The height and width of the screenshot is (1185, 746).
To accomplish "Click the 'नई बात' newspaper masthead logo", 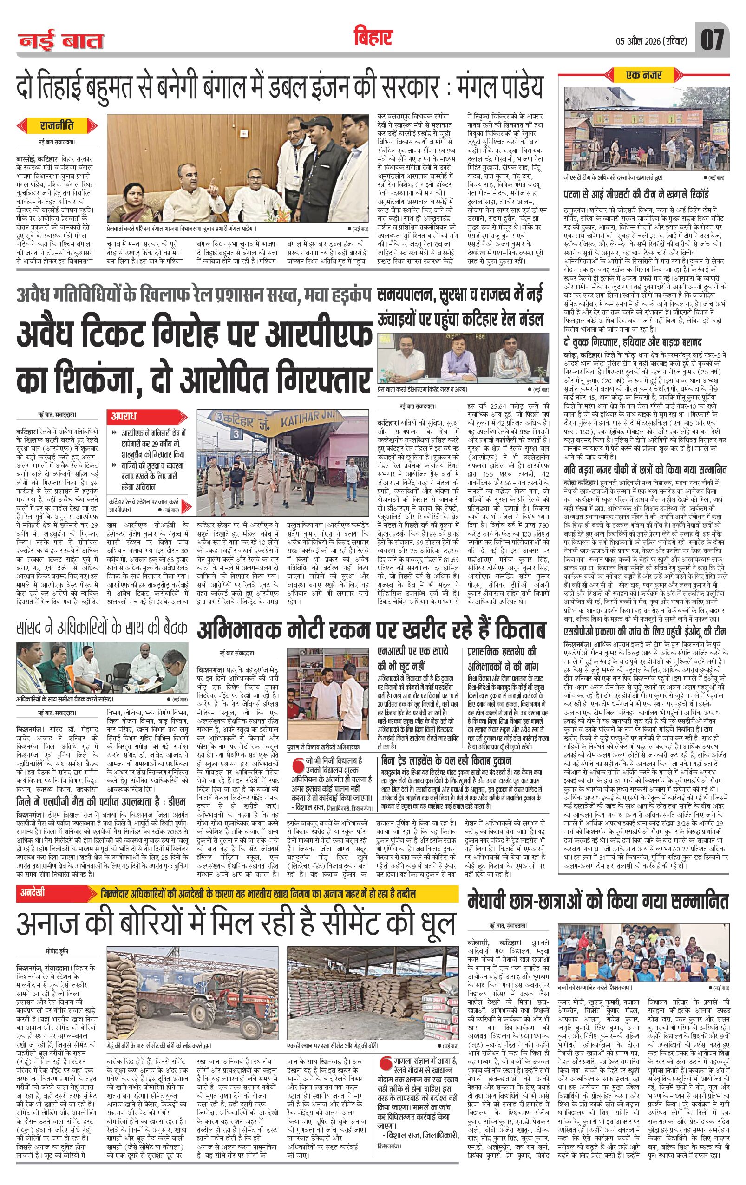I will (61, 40).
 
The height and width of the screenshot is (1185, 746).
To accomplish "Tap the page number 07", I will (713, 39).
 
